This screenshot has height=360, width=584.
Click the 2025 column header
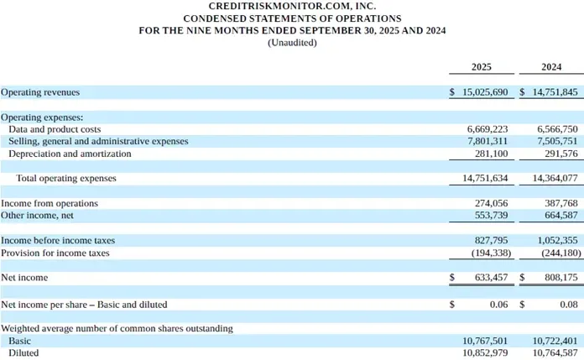[x=481, y=67]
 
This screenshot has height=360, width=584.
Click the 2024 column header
[x=551, y=67]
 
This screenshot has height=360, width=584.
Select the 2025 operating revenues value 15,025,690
[x=485, y=92]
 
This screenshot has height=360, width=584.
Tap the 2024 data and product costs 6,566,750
[x=557, y=129]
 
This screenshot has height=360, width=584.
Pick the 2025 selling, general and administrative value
[x=488, y=141]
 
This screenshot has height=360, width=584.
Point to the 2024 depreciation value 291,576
[x=561, y=154]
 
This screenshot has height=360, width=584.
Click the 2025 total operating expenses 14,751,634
[x=485, y=178]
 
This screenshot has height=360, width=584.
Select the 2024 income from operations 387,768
[x=561, y=203]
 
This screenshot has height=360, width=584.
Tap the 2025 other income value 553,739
[x=491, y=215]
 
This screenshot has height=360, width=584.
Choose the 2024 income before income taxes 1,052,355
[x=557, y=240]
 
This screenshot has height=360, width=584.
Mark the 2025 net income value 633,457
[x=491, y=277]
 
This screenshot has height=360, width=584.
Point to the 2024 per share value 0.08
[x=569, y=305]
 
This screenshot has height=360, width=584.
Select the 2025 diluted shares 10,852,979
[x=485, y=352]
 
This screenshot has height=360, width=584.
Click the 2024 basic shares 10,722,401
[x=555, y=341]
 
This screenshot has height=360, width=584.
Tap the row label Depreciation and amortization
[x=70, y=154]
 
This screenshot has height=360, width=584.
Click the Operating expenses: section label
[x=42, y=117]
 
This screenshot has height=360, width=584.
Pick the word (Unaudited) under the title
[x=292, y=43]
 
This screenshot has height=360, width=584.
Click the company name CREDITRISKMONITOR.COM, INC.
[x=292, y=7]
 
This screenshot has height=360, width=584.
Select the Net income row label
[x=24, y=278]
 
